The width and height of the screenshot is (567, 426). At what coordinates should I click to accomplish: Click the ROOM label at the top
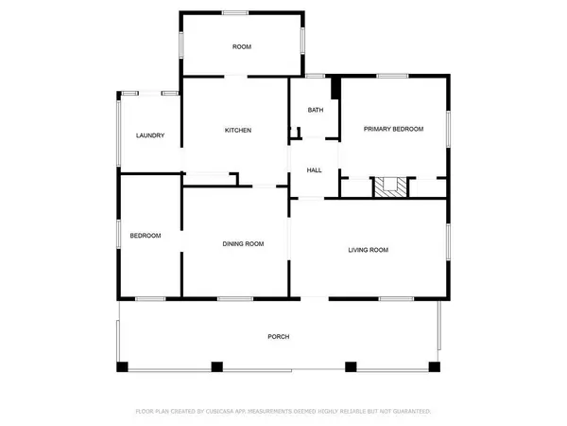tap(242, 46)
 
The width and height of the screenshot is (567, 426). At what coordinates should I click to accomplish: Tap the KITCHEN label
tap(237, 130)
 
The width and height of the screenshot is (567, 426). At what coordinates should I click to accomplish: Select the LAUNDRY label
tap(150, 135)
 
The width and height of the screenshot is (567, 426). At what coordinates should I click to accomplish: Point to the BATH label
tap(316, 110)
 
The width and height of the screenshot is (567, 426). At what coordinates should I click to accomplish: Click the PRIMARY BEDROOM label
tap(394, 129)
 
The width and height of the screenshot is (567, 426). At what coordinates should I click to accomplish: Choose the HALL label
tap(314, 170)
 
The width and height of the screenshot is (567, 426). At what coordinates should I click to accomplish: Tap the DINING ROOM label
tap(243, 243)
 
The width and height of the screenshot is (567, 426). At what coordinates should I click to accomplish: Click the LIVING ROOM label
tap(369, 250)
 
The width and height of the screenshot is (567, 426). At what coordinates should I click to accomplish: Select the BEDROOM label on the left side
tap(145, 236)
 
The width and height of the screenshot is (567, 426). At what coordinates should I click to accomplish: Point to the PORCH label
tap(278, 337)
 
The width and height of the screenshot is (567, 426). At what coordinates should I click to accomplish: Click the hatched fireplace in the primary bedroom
tap(390, 186)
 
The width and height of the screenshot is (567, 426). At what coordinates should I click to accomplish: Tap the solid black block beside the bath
tap(335, 87)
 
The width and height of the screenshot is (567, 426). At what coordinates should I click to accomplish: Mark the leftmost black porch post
tap(120, 366)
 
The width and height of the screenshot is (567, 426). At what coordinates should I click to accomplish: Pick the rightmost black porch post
tap(436, 366)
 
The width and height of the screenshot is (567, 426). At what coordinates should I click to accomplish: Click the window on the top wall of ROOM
tap(236, 11)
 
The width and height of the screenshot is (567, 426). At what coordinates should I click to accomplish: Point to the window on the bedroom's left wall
tap(118, 237)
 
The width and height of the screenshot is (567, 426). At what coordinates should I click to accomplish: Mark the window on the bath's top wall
tap(315, 76)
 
